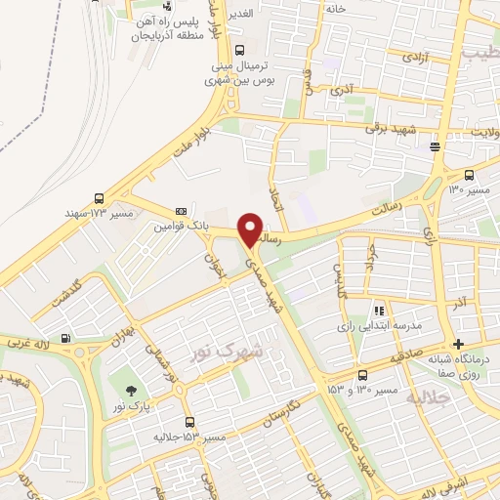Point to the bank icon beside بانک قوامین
point(181,211)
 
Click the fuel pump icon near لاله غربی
point(65,339)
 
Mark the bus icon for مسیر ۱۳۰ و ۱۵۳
point(362,375)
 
